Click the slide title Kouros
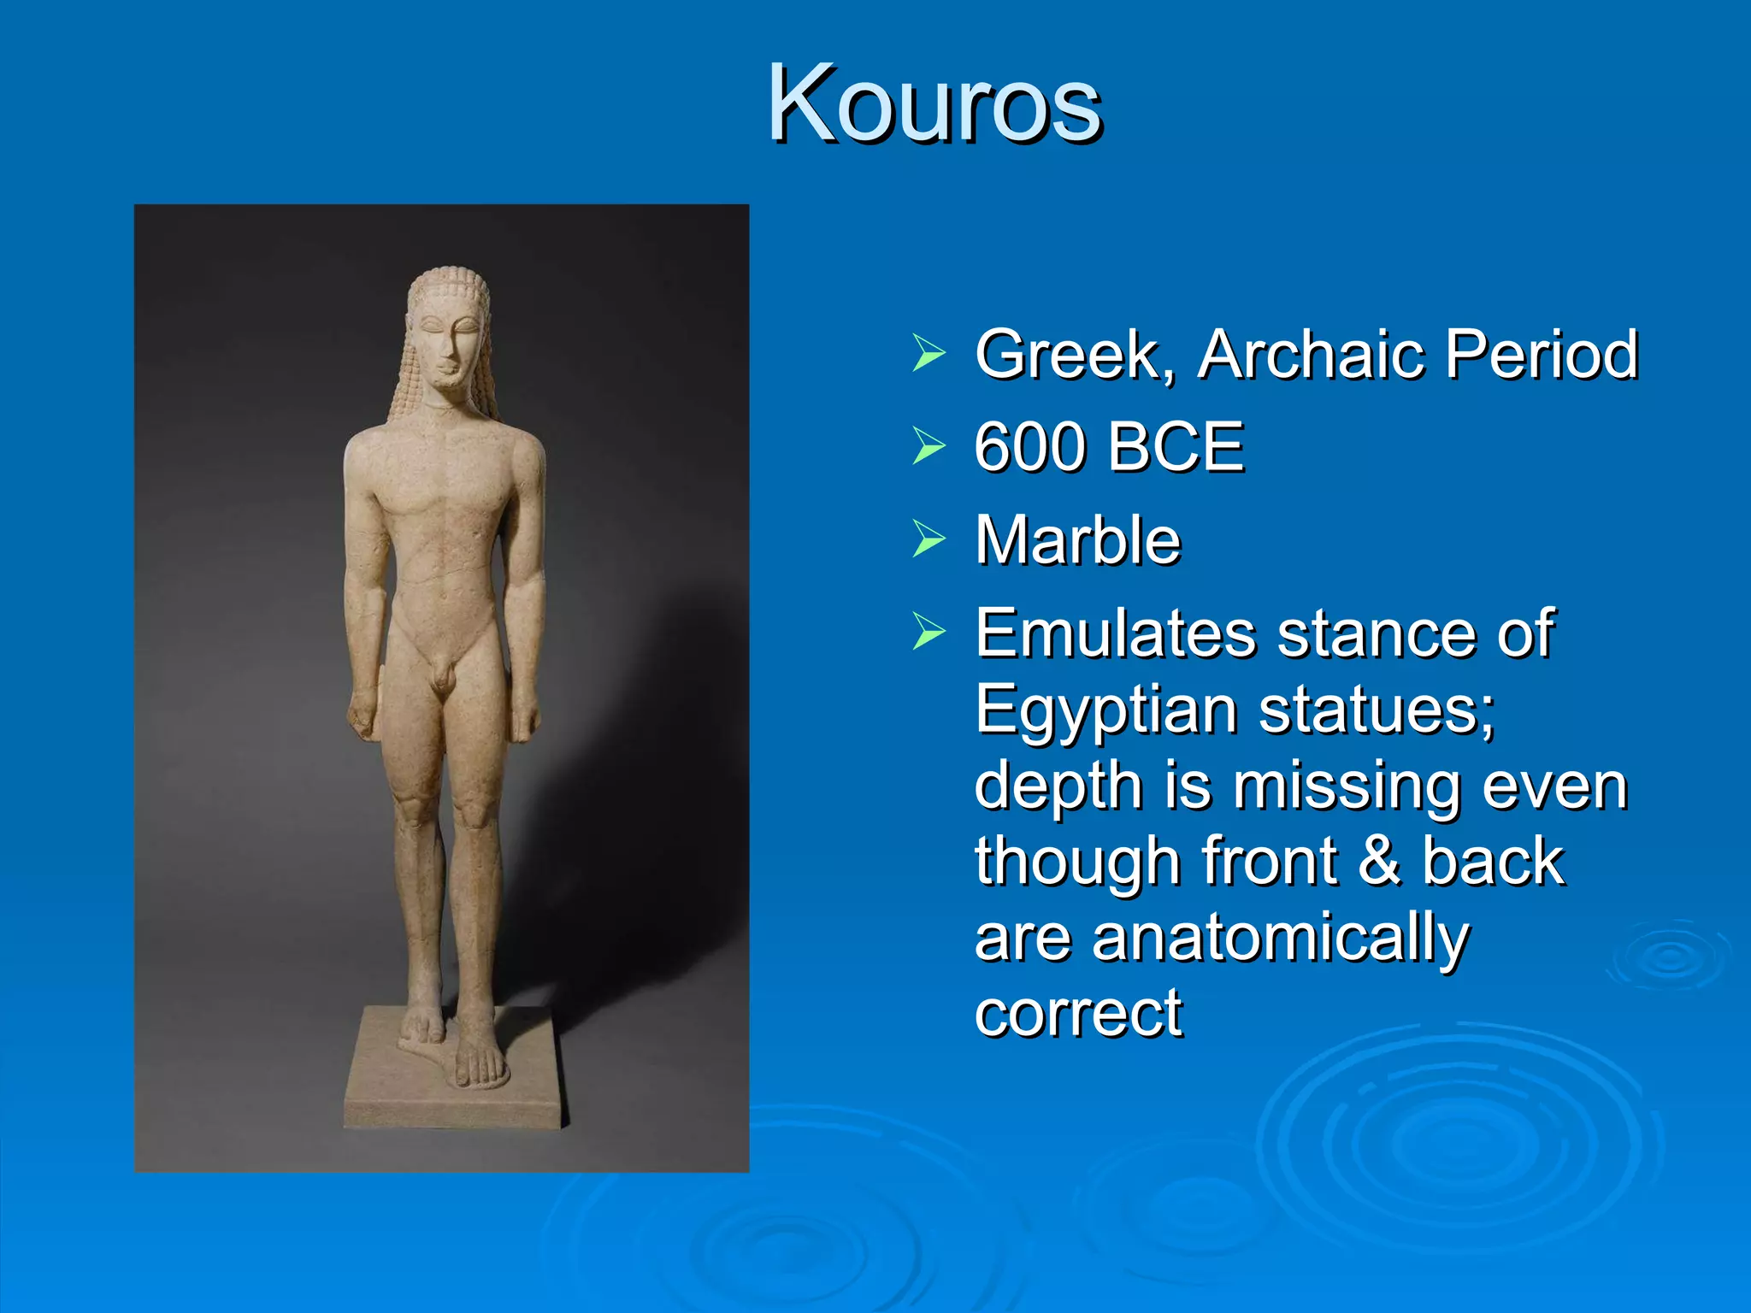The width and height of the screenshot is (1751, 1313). point(934,104)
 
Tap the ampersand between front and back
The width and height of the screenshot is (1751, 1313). point(1378,861)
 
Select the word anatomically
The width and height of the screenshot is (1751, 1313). point(1279,938)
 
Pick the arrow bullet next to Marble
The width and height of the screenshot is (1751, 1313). point(929,539)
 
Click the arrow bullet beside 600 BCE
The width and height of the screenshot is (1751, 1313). point(929,445)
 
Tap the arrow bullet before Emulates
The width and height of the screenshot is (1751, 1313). point(929,632)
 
